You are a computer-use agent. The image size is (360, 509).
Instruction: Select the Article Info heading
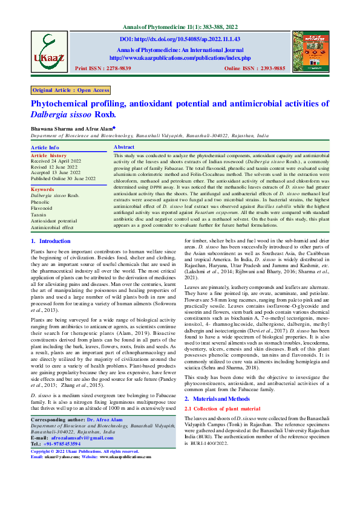pyautogui.click(x=45, y=148)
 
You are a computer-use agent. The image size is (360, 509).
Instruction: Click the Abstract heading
pyautogui.click(x=124, y=148)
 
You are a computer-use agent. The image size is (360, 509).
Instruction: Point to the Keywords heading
pyautogui.click(x=42, y=190)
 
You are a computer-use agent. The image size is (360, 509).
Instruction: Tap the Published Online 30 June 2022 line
pyautogui.click(x=64, y=179)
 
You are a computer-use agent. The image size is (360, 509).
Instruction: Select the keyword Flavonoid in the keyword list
pyautogui.click(x=44, y=207)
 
